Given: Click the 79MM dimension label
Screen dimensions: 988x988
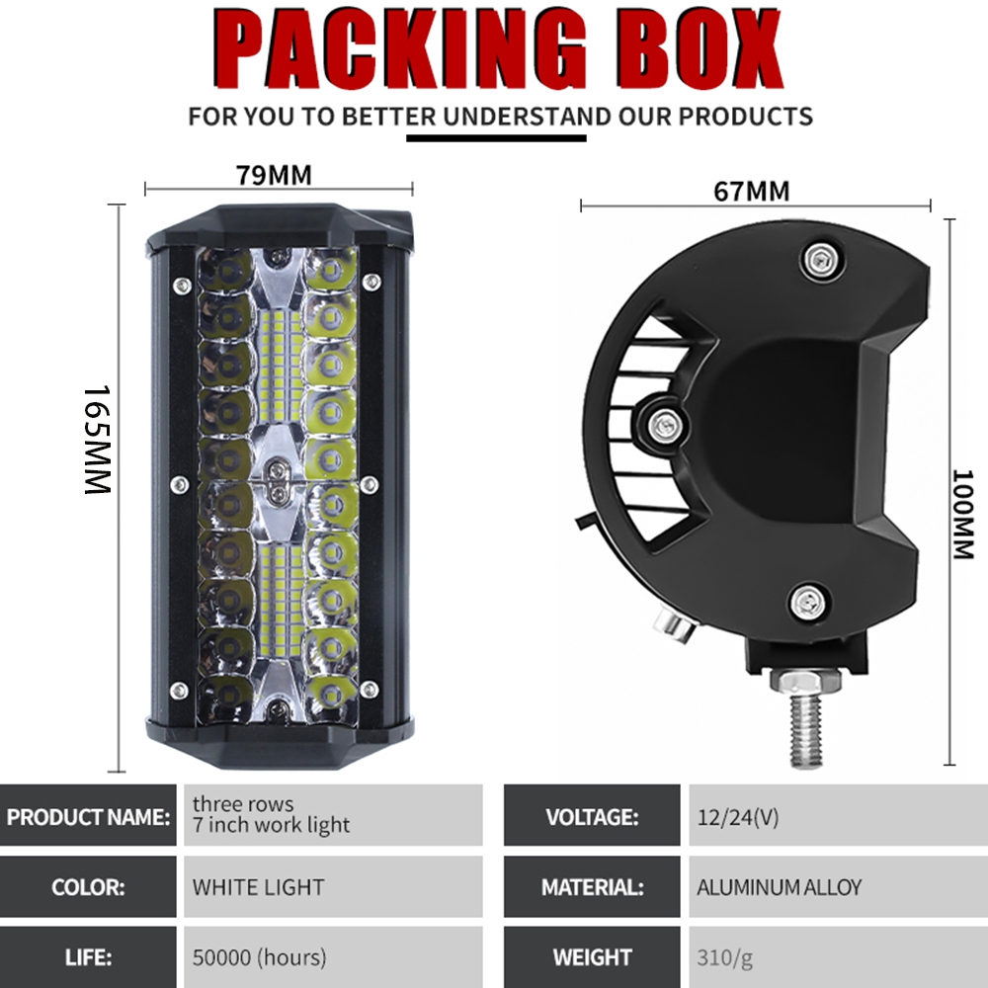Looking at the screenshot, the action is click(274, 175).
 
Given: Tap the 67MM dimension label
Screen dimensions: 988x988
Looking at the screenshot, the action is click(751, 192).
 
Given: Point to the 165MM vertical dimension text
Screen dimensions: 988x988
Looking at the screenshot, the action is click(98, 440).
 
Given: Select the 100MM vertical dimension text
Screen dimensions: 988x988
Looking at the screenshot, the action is click(962, 514).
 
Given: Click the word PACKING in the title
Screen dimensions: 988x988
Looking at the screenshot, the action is click(401, 48).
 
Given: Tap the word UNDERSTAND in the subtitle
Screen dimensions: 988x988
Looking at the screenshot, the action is click(527, 118).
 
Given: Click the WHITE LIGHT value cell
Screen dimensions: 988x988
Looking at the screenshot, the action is click(333, 886).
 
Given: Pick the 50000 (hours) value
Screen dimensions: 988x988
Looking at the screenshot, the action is click(259, 957).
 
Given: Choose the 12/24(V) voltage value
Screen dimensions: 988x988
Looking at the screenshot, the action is click(738, 817).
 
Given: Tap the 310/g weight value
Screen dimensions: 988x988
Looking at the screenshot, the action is click(724, 958).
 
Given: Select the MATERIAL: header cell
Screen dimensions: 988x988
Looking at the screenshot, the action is click(592, 886).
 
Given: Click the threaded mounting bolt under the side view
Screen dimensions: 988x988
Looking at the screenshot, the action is click(806, 731).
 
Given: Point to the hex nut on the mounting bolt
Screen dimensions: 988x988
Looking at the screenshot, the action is click(805, 682).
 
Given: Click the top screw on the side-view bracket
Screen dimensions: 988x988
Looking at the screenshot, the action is click(822, 259).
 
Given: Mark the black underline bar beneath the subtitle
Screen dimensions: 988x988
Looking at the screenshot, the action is click(496, 138).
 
